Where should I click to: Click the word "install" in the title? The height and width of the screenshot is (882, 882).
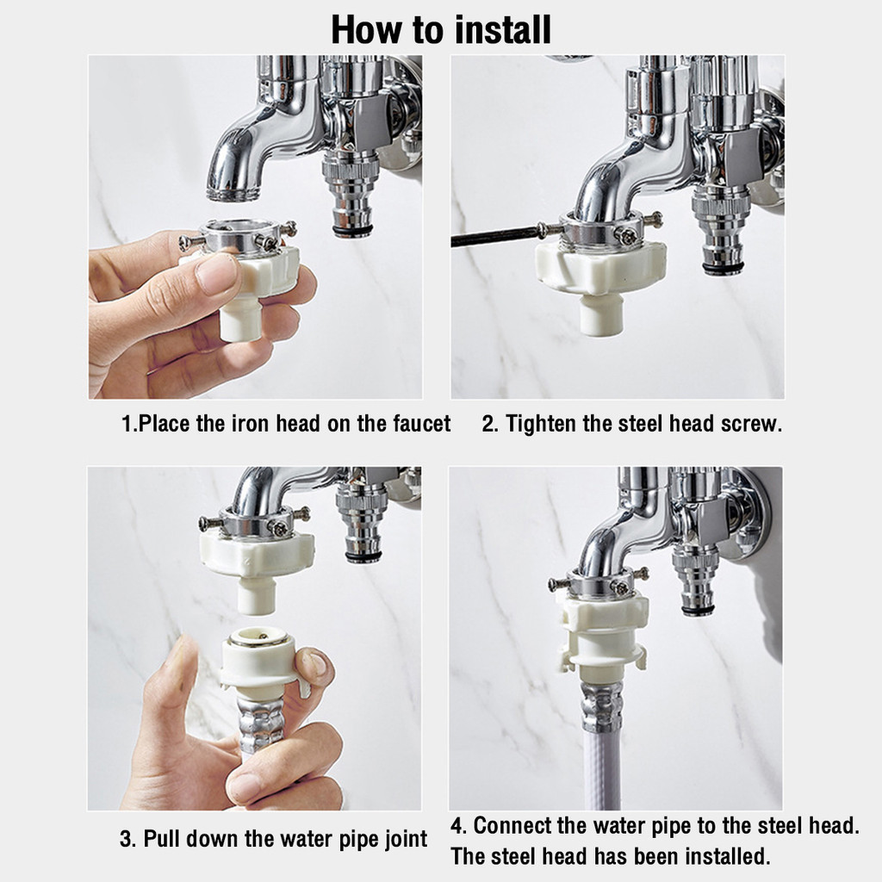click(502, 30)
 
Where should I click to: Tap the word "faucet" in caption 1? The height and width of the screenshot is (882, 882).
click(422, 424)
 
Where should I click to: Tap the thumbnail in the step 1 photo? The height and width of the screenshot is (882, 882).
click(216, 274)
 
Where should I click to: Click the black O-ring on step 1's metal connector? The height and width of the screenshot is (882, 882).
click(352, 231)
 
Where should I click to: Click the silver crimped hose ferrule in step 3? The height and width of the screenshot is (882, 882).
click(260, 725)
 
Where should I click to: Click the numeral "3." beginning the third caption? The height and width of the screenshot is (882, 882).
click(127, 839)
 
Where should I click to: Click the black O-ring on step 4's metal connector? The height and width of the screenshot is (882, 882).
click(699, 611)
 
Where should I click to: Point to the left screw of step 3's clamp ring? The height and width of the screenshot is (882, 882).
click(211, 523)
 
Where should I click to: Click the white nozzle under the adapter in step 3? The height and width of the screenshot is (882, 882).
click(256, 596)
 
